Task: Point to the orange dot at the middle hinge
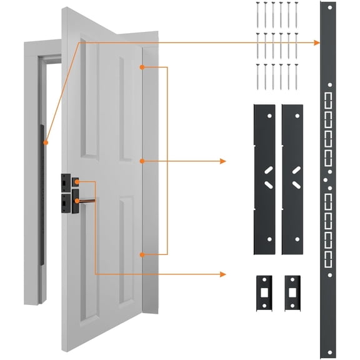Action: [x=143, y=161]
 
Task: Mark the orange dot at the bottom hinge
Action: [x=143, y=254]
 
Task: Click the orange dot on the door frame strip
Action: [x=45, y=143]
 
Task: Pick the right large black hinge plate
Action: [x=292, y=179]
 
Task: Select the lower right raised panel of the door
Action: [x=126, y=250]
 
